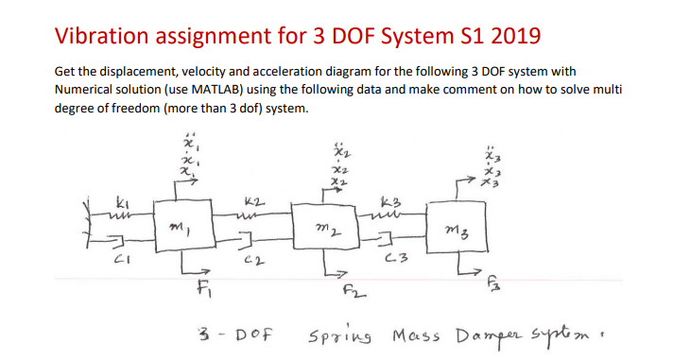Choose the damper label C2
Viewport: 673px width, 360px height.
point(252,260)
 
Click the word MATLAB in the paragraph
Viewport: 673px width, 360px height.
point(246,89)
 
